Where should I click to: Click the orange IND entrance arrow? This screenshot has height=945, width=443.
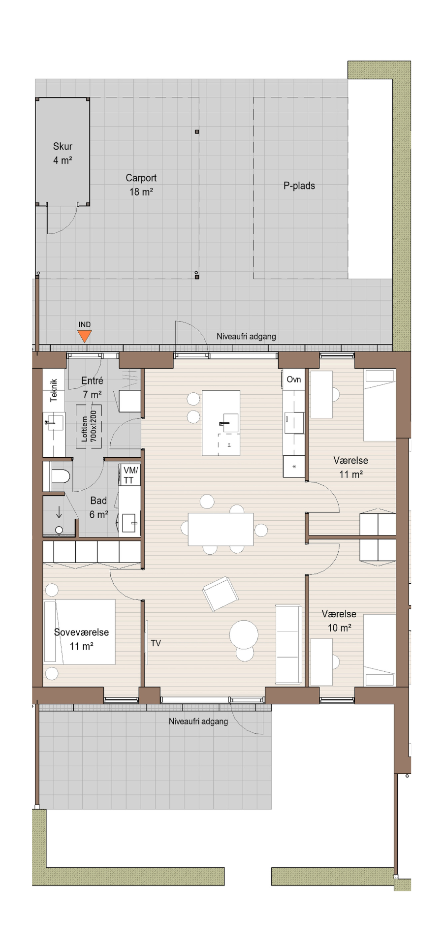85,336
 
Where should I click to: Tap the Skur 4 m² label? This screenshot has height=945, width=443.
63,153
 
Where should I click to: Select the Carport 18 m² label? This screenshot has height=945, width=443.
141,185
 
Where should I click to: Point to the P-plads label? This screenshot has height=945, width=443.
299,186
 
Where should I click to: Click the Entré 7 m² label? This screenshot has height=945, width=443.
93,387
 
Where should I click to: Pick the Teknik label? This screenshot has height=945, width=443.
54,390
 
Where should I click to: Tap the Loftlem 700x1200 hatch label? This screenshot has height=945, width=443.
89,426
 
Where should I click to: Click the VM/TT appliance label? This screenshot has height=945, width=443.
130,475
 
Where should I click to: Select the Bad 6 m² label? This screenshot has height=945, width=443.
98,507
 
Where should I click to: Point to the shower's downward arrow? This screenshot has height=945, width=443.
59,512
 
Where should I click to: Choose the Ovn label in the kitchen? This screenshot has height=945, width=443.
294,379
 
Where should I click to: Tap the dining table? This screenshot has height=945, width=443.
221,529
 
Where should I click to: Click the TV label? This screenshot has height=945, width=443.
156,643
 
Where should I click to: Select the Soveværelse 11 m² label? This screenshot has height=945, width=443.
82,639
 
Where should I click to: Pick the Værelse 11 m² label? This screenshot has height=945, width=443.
351,467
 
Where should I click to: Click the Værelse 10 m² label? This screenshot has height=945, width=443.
339,621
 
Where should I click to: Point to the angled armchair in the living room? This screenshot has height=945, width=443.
221,594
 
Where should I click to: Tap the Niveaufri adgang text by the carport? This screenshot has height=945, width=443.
246,337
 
